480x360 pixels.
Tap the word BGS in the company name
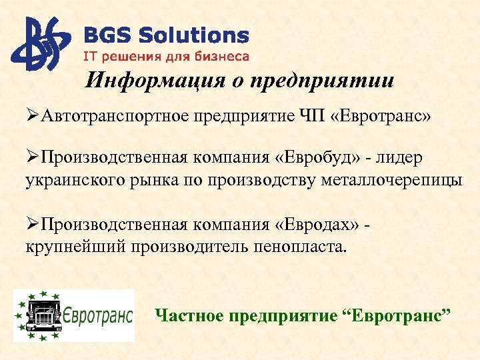point(104,35)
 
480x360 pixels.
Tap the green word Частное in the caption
point(189,314)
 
